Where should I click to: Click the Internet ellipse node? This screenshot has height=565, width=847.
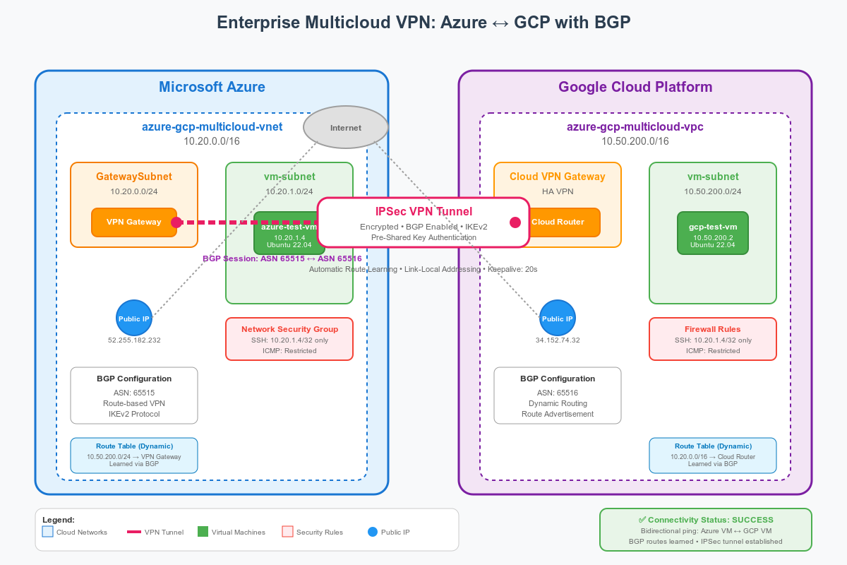click(x=346, y=127)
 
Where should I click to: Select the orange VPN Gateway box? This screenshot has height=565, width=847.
click(x=134, y=222)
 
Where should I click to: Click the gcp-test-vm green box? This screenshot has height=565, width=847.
click(x=713, y=233)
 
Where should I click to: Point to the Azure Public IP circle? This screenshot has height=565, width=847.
click(x=134, y=319)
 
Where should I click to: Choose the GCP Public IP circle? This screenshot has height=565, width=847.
click(x=558, y=319)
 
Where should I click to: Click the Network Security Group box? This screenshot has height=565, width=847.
click(x=289, y=339)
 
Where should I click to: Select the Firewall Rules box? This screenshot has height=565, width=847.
click(x=713, y=339)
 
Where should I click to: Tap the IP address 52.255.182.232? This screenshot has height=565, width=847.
click(x=134, y=340)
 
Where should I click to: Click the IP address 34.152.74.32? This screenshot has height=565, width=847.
click(x=558, y=340)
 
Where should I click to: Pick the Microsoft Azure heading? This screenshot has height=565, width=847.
click(x=212, y=87)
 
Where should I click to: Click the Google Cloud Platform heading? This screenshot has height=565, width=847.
click(x=635, y=87)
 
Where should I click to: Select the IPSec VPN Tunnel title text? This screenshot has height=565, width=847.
click(x=423, y=211)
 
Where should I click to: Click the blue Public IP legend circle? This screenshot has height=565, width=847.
click(x=373, y=532)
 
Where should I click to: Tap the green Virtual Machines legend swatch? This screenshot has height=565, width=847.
click(x=203, y=532)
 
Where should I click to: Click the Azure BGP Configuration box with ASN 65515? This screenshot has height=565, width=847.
click(x=134, y=395)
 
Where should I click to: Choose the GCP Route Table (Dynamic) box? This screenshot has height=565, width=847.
click(x=713, y=456)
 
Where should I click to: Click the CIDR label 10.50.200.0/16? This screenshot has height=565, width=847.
click(x=635, y=141)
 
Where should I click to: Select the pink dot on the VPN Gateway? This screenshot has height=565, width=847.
click(x=176, y=222)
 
